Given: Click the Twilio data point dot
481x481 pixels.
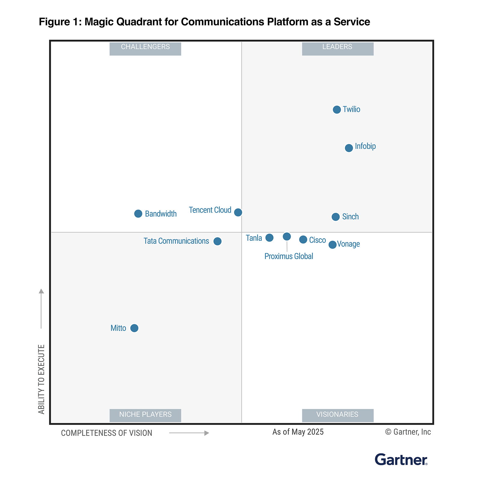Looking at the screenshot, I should coord(337,110).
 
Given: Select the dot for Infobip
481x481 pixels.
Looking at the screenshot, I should coord(349,148).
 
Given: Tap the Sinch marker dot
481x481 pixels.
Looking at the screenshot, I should coord(335,217).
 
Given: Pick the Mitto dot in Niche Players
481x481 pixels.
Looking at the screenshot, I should coord(134,328).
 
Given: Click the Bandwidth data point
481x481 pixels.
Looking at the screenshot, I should coord(138,214).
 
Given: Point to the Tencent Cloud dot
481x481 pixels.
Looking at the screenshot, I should coord(238,212).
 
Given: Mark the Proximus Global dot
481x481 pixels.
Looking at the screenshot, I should coord(287,237).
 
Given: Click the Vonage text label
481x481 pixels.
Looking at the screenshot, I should coord(348,244).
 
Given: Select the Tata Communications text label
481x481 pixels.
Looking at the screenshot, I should coord(176,241).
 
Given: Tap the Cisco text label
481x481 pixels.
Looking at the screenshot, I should coord(317,240).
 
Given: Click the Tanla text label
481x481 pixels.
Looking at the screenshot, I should coord(254,238).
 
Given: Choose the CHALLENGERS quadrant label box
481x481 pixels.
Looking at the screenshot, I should coord(145,48).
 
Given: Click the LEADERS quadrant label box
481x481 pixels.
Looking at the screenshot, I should coord(338,48).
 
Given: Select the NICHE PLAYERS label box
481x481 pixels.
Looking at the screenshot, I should coord(145,415).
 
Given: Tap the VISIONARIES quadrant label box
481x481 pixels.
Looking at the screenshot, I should coord(338,415).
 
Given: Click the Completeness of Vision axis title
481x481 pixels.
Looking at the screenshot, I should coord(107,433).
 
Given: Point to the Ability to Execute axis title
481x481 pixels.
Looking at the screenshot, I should coord(41,379).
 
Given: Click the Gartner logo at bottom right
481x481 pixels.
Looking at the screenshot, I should coord(401,460).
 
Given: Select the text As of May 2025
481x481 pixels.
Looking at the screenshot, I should coord(298,432).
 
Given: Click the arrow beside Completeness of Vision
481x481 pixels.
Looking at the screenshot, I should coord(189,433).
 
